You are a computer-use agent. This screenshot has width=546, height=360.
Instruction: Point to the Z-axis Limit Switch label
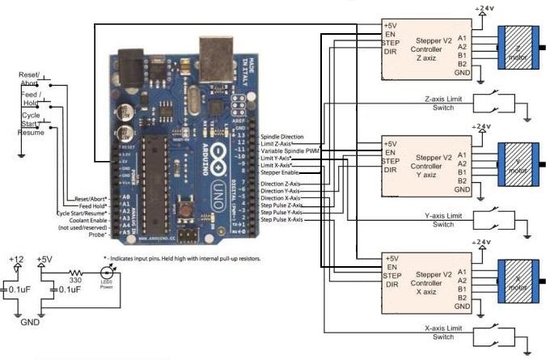pos(443,104)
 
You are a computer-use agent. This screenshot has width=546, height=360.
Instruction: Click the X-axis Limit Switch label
pos(443,332)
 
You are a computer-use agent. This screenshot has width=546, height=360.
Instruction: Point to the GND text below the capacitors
pos(31,320)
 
